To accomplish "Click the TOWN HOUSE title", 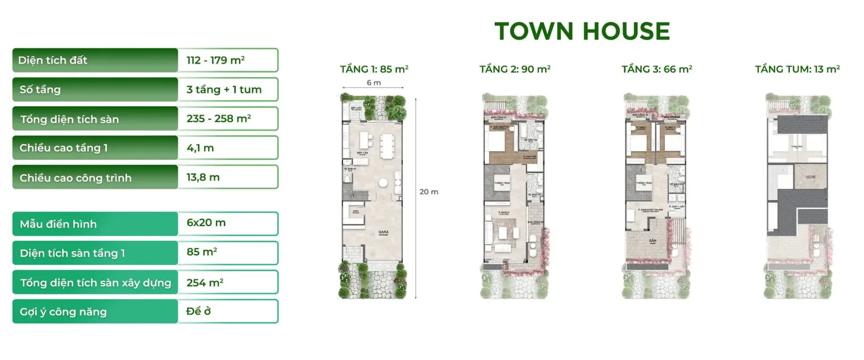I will point(582,31).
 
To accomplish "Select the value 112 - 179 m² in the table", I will point(215,60).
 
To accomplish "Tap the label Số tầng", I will point(40,89).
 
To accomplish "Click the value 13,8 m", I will point(203,178).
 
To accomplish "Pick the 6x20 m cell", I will point(206,223).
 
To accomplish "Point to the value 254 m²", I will point(205,282).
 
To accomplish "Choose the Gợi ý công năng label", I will point(63,312).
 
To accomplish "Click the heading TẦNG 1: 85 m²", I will point(374,70).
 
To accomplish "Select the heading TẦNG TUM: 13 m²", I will point(797,69).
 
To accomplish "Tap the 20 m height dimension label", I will point(429,192).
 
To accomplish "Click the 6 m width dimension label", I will point(373,83).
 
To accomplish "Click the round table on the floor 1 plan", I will point(382,182).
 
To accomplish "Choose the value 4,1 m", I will point(200,148).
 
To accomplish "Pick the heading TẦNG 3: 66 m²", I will point(656,69).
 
